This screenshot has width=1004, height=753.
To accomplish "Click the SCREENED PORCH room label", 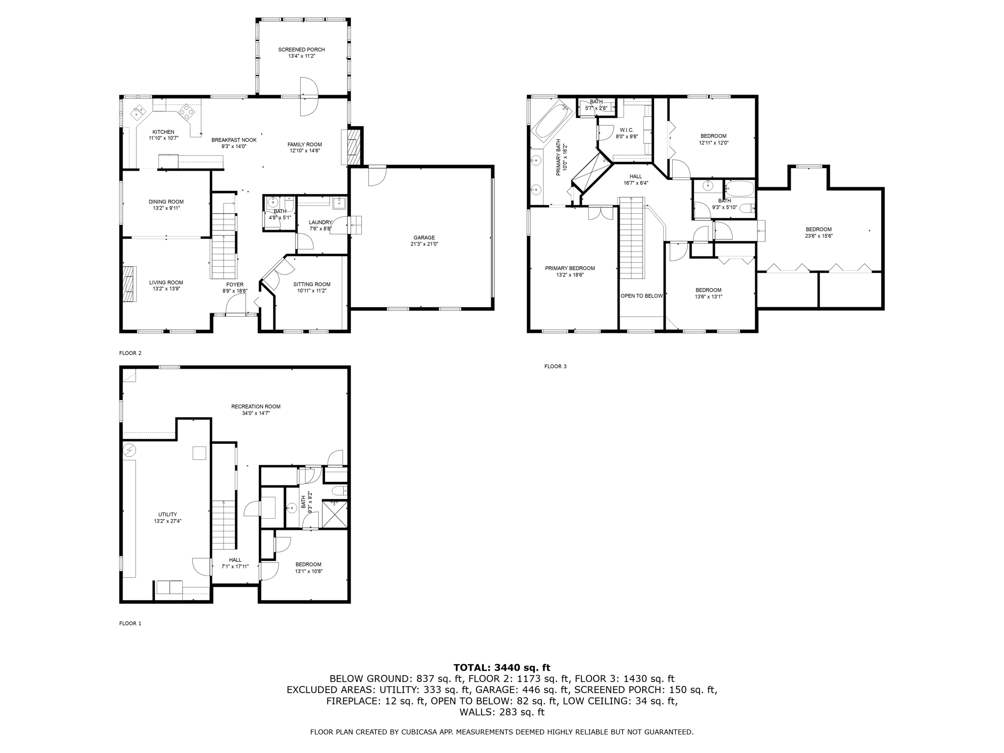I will [x=301, y=50].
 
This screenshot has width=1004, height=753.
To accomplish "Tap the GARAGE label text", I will [x=424, y=238].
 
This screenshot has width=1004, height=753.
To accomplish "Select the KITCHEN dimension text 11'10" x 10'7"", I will [x=163, y=138].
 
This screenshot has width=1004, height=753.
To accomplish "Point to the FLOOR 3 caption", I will [x=555, y=366].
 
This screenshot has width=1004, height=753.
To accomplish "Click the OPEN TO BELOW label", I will [x=641, y=296].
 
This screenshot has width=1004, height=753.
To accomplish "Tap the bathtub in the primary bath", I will [x=552, y=119].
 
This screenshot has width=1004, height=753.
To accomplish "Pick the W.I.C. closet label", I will [x=627, y=130].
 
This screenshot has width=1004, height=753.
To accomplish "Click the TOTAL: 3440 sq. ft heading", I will [x=502, y=667].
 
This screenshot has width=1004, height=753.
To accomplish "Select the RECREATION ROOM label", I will [x=255, y=406].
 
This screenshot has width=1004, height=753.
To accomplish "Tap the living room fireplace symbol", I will [x=128, y=283].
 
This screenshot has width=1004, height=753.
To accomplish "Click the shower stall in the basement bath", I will [x=335, y=514].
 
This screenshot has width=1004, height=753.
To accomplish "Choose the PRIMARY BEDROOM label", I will [x=570, y=268].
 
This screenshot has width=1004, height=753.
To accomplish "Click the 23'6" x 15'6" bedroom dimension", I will [x=818, y=236].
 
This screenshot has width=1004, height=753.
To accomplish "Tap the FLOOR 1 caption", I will [x=130, y=624].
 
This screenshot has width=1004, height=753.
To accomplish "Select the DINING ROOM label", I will [x=166, y=201].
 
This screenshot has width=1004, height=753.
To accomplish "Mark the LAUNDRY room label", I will [x=320, y=222].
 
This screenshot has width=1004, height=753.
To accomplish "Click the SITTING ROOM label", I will [x=312, y=284].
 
